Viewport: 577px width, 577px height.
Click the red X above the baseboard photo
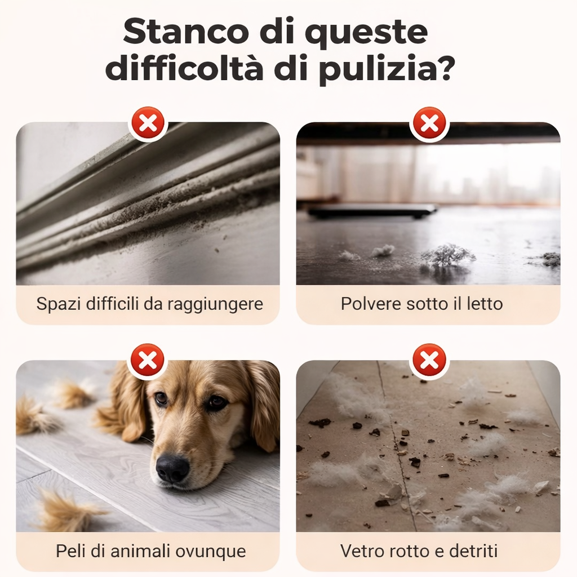coord(148,122)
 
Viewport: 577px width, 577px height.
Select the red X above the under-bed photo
coord(429,122)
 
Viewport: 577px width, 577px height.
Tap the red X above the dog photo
coord(148,360)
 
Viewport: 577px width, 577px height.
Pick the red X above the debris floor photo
coord(429,360)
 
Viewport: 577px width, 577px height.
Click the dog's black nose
coord(172,467)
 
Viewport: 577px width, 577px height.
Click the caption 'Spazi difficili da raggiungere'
coord(149,304)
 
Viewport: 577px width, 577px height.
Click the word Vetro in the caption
coord(362,551)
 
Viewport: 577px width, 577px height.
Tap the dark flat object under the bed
coord(372,211)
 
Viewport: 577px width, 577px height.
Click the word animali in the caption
coord(145,551)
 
